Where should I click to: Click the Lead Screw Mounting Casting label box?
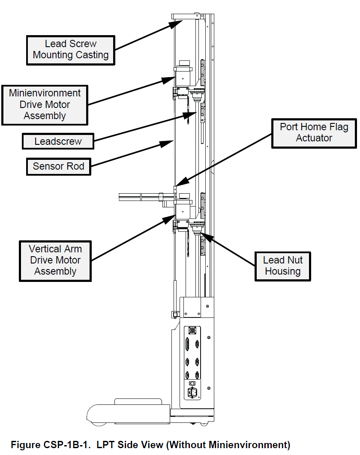pos(71,50)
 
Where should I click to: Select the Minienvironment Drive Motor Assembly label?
pos(45,105)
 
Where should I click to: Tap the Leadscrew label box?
pos(58,141)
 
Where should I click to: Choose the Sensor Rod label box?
pos(58,166)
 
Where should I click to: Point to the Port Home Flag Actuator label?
pos(314,133)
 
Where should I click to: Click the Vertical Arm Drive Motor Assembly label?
pos(55,260)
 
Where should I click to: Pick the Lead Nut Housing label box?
pos(283,266)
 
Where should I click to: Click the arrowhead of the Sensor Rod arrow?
pos(168,143)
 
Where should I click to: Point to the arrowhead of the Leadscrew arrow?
pos(191,114)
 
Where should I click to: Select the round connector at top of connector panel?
pos(192,331)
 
